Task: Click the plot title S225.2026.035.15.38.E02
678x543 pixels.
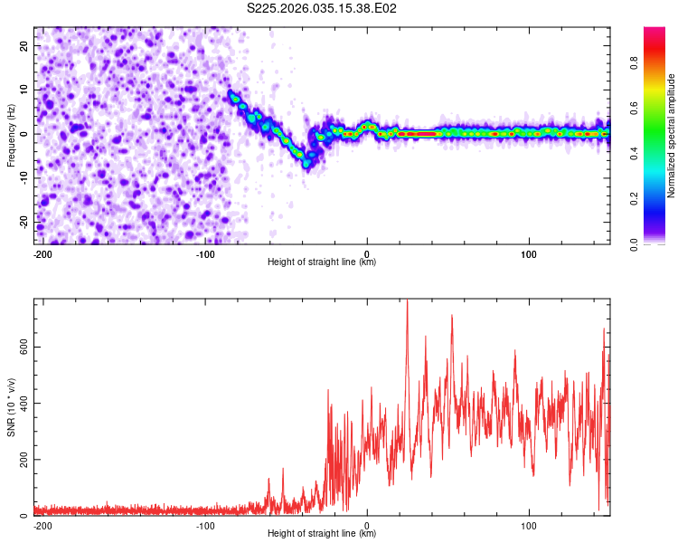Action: [x=323, y=8]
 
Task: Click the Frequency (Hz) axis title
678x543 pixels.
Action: [x=12, y=133]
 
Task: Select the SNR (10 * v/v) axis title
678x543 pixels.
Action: [x=12, y=407]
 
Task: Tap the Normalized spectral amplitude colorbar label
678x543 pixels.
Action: [x=671, y=136]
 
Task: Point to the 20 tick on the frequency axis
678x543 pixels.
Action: [x=25, y=45]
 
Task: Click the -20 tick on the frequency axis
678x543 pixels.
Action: [x=24, y=222]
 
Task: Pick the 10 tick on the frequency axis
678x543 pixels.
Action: [x=25, y=90]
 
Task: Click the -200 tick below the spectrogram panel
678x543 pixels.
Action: [x=42, y=252]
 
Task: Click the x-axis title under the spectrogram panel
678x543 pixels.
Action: [x=322, y=262]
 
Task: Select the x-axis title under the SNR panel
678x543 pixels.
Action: [x=322, y=533]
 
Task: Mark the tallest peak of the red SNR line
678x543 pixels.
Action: [x=407, y=300]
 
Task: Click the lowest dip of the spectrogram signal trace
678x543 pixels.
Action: [x=307, y=164]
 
